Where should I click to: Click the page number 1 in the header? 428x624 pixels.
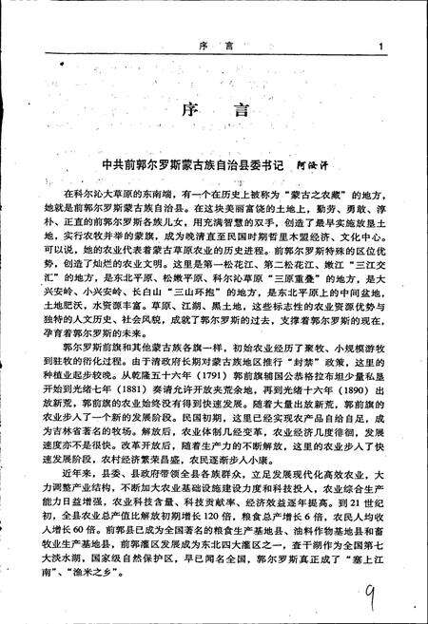click(380, 45)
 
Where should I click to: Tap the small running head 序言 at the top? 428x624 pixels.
click(214, 45)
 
